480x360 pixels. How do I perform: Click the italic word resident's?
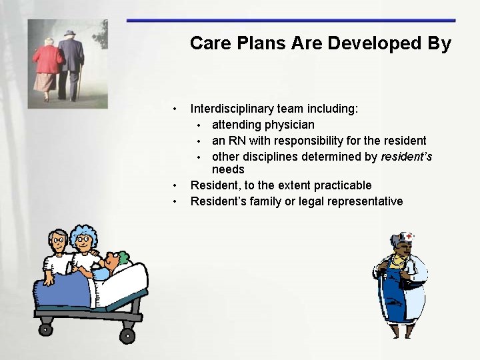(x=406, y=157)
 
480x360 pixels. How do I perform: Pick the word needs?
(x=228, y=169)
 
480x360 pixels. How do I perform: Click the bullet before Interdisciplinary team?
(x=174, y=109)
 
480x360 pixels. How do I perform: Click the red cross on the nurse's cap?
(x=409, y=236)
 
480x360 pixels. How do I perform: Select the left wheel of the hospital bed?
(x=45, y=329)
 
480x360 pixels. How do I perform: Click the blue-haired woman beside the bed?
(x=85, y=250)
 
